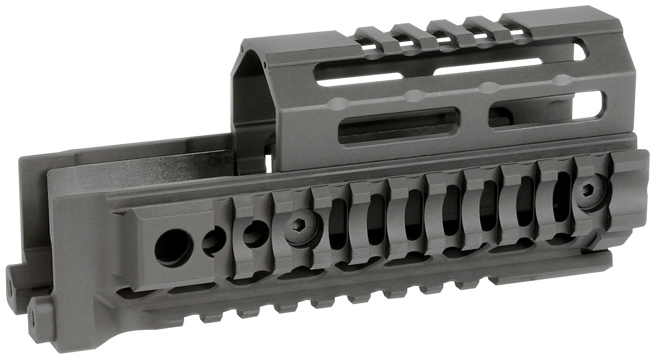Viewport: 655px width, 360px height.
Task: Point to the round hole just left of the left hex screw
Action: point(254,234)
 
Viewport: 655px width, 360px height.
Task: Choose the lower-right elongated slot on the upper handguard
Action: point(548,109)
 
